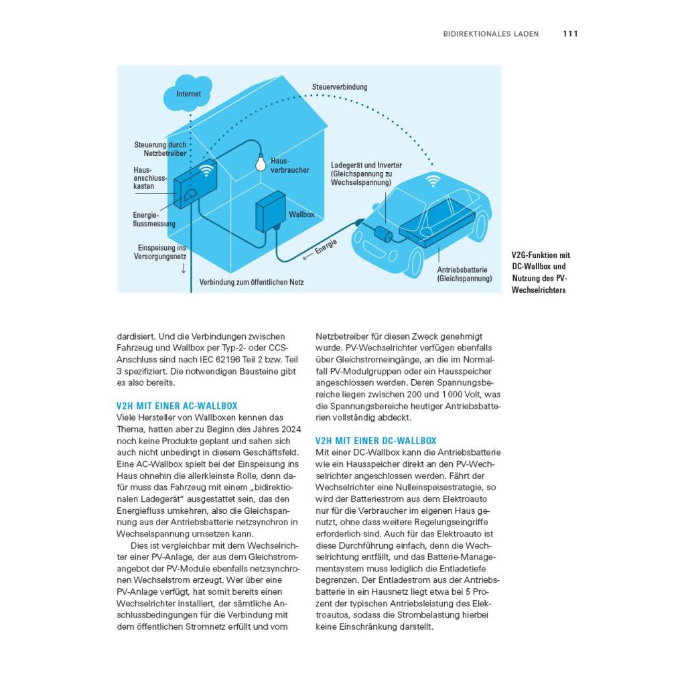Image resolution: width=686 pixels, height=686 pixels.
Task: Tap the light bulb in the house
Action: click(259, 162)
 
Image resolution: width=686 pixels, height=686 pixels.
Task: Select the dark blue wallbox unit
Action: click(271, 212)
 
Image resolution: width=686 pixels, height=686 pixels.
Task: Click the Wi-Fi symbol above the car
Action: click(433, 180)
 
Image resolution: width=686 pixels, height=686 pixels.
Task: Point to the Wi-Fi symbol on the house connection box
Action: click(206, 170)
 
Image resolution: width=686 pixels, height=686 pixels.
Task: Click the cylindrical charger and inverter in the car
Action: click(385, 234)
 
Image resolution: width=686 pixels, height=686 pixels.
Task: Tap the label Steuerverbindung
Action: click(339, 87)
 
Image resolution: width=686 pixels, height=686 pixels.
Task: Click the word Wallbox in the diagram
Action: click(301, 214)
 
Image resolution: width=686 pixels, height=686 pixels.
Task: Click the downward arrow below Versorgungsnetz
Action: click(183, 269)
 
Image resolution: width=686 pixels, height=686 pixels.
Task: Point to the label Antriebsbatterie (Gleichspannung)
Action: click(464, 274)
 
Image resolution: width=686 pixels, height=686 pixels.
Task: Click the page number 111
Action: click(570, 33)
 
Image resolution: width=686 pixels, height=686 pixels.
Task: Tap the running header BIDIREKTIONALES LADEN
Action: click(490, 33)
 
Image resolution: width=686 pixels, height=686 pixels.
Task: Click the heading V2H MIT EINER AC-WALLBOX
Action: click(177, 406)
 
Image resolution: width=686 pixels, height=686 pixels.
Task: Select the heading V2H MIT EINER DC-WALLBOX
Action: click(376, 441)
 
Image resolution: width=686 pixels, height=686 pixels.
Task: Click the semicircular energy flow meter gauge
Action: click(190, 195)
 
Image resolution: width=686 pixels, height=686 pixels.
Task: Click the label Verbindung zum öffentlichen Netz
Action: click(251, 283)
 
